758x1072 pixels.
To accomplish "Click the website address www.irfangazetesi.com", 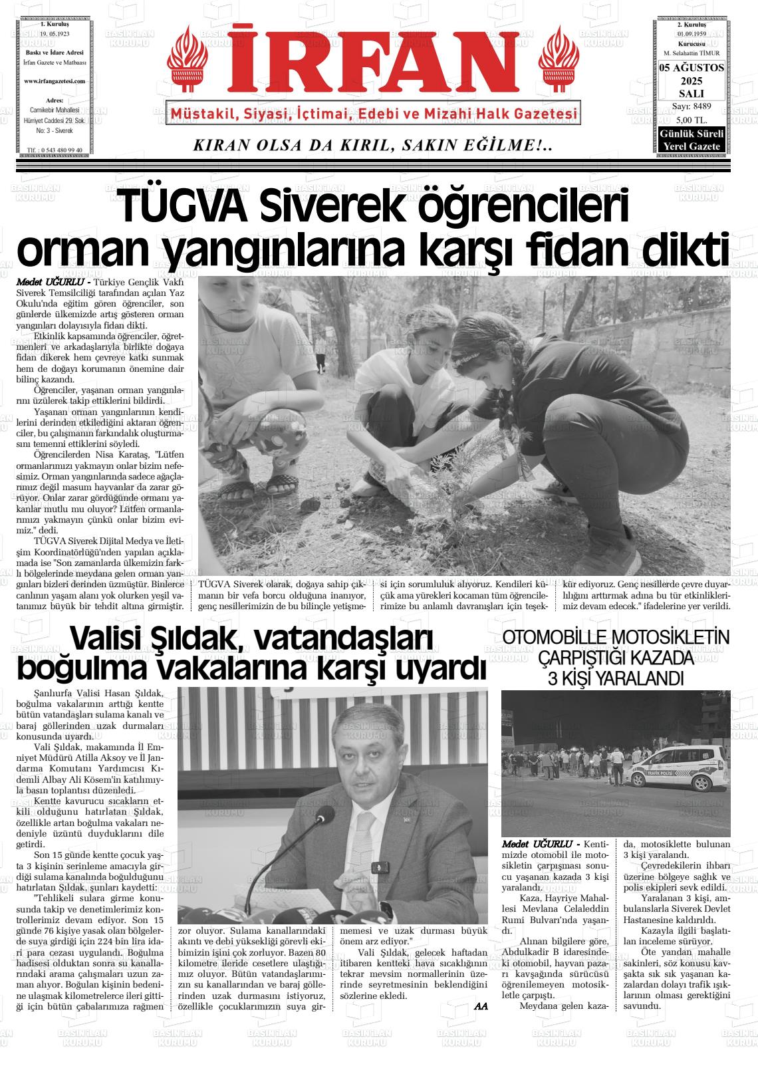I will point(55,81).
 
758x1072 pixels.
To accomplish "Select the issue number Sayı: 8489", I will point(692,106).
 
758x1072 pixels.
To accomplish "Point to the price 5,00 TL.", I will point(692,120).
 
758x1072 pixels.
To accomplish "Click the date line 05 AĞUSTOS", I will point(692,68).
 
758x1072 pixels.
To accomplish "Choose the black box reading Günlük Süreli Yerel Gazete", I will point(692,140).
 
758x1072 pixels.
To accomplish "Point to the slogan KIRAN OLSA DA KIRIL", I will point(372,145).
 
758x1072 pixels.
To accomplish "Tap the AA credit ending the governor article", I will point(481,1006).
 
